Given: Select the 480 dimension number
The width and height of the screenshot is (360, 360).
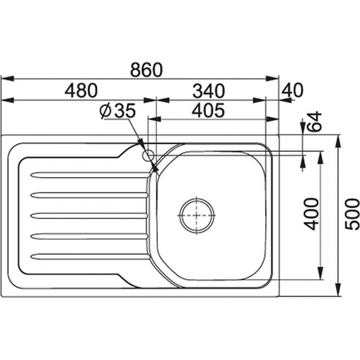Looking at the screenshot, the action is click(x=81, y=91).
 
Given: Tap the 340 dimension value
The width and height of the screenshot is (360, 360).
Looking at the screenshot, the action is click(x=208, y=91).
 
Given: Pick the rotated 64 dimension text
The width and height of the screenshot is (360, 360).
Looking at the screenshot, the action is click(x=314, y=121).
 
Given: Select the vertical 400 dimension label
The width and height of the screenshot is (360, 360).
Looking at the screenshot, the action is click(x=311, y=214).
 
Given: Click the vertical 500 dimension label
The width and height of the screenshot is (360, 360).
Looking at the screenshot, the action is click(x=352, y=214).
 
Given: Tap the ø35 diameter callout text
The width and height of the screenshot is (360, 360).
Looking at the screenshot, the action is click(x=118, y=111).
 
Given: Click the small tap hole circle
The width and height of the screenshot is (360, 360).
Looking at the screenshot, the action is click(x=148, y=156).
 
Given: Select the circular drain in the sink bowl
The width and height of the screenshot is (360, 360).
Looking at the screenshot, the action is click(x=197, y=216).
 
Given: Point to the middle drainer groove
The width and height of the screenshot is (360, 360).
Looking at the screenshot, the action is click(x=89, y=216).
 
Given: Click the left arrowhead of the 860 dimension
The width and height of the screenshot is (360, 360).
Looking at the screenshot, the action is click(x=8, y=79).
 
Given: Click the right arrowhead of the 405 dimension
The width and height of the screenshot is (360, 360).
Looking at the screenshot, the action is click(x=272, y=119).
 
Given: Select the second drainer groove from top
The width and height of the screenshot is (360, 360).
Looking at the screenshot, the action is click(x=89, y=195).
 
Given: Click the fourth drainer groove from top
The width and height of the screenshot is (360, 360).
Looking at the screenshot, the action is click(x=89, y=236).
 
